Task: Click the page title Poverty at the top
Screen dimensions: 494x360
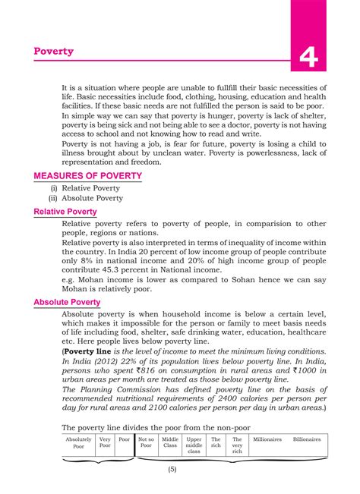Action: click(54, 51)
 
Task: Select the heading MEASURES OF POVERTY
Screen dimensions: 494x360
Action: click(88, 175)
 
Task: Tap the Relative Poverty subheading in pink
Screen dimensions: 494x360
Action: click(65, 212)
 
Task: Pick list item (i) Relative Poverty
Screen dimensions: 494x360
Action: click(86, 187)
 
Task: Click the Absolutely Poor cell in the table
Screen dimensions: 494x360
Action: click(78, 443)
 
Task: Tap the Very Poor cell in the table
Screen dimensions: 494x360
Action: click(105, 443)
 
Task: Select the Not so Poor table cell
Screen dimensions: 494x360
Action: click(146, 443)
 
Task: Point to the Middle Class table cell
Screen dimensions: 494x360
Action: click(170, 443)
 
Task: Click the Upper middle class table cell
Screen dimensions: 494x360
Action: click(194, 445)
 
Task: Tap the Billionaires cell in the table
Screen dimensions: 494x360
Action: click(307, 439)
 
